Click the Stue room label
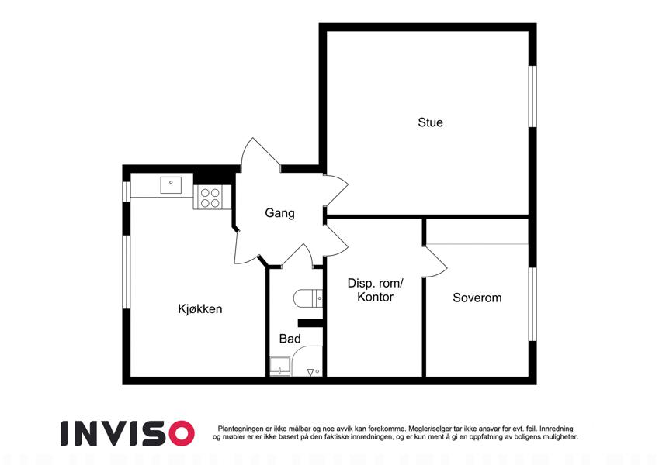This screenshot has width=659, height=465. [x=430, y=122]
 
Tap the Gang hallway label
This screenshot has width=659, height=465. [x=279, y=213]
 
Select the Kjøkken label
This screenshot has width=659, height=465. [x=200, y=309]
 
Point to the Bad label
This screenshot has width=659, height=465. [x=290, y=338]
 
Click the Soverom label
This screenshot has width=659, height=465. [x=477, y=298]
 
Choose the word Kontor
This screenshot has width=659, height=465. [x=376, y=297]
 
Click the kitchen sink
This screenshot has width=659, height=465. [x=171, y=185]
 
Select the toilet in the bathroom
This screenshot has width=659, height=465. [x=308, y=298]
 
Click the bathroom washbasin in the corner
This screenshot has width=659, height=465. [x=280, y=367]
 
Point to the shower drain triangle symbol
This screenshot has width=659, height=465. [x=310, y=372]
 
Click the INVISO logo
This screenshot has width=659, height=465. [x=128, y=433]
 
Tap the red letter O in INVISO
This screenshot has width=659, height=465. [x=180, y=433]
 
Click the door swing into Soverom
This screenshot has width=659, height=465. [x=436, y=261]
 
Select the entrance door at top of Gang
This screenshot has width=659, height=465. [x=261, y=154]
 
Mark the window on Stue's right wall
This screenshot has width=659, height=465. [x=532, y=96]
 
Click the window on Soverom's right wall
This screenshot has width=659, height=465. [x=532, y=305]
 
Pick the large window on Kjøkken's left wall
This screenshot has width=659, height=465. [x=127, y=272]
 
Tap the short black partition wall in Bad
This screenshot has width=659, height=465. [x=310, y=322]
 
